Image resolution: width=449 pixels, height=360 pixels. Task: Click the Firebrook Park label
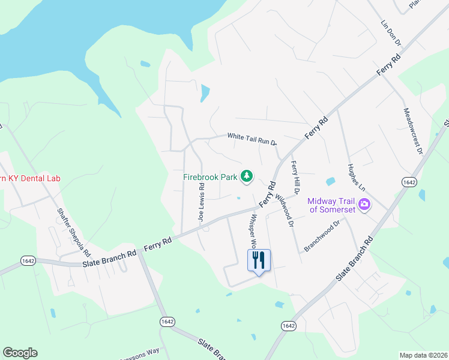tap(210, 177)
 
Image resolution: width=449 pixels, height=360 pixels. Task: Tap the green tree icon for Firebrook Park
tap(246, 176)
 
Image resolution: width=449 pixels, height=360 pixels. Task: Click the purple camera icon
tap(364, 206)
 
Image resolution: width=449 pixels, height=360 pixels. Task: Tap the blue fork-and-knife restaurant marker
tap(259, 261)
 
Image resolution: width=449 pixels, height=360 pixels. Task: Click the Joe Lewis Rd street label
tap(202, 203)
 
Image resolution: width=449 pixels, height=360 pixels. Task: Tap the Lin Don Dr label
tap(390, 32)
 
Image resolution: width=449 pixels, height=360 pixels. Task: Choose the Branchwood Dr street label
tap(322, 235)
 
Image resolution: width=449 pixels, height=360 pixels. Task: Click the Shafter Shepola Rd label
tap(73, 231)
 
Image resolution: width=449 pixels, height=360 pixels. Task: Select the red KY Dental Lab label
tap(30, 178)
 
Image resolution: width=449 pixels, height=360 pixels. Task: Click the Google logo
tap(20, 353)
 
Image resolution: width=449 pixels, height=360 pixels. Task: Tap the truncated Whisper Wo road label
tap(253, 232)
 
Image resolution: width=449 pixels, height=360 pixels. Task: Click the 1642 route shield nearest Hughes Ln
tap(409, 182)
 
